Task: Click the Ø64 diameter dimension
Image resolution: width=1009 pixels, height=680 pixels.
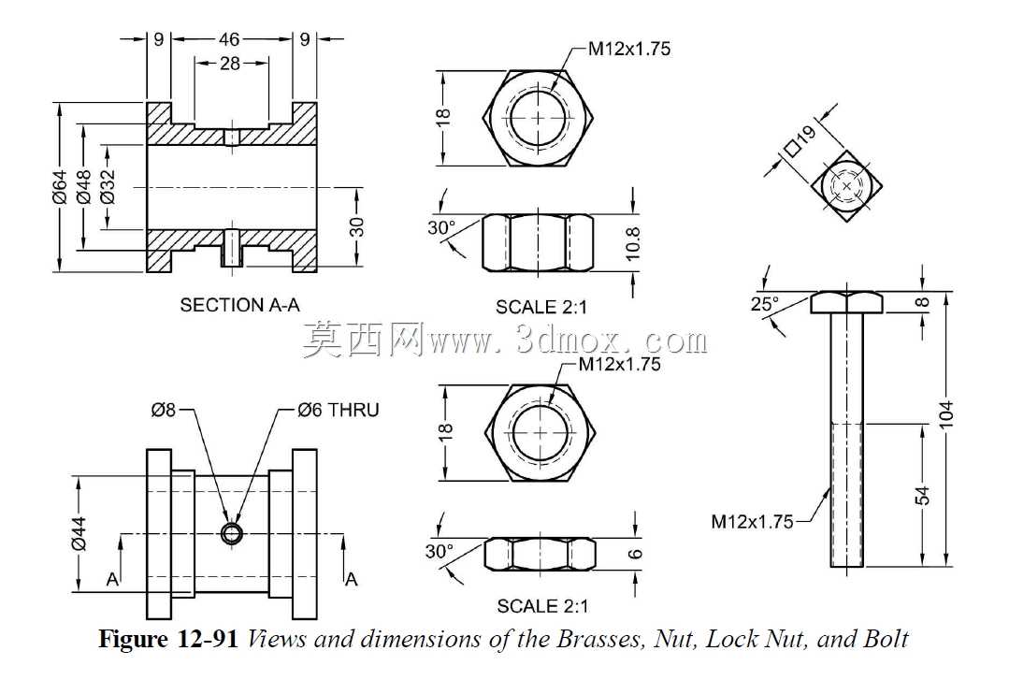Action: pos(59,187)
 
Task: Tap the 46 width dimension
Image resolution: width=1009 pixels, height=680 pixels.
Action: pos(229,39)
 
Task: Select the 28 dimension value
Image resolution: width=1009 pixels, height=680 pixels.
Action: pos(230,63)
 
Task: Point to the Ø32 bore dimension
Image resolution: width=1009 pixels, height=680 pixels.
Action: pos(108,187)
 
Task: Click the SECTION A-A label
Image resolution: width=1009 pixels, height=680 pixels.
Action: pos(239,305)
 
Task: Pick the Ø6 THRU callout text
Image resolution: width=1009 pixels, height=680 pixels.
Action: pos(339,411)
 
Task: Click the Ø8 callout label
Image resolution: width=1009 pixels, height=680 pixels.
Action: pos(164,411)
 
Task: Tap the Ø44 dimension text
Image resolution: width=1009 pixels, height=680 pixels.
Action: pos(79,534)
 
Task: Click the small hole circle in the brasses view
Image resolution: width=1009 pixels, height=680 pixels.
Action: pos(232,532)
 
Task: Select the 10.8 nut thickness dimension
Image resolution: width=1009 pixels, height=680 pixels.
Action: pos(633,243)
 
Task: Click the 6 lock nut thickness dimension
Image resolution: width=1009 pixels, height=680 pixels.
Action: pos(635,554)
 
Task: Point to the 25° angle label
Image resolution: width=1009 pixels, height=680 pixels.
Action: pos(765,304)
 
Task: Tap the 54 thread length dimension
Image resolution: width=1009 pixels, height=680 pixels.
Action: pos(923,495)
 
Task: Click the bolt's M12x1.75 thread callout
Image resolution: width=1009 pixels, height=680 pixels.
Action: pos(752,522)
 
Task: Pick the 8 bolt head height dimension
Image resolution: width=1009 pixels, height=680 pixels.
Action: pos(923,302)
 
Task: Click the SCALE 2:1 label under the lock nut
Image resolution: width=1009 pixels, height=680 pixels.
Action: pos(541,606)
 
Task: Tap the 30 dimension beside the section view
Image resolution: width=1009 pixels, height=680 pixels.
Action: pos(356,226)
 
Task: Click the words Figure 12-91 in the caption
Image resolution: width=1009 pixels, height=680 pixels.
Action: pos(169,640)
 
